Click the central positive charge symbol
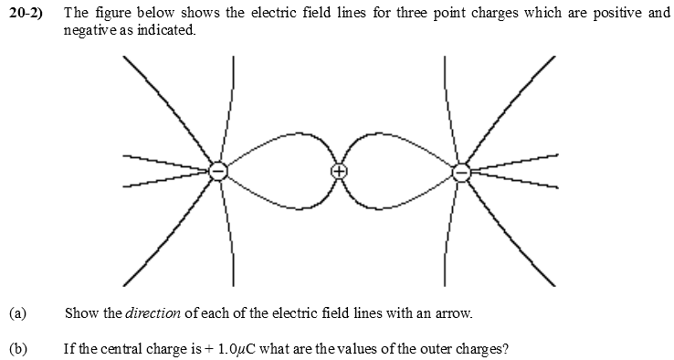[339, 171]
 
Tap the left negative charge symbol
[217, 171]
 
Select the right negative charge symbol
[461, 171]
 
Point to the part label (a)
[17, 313]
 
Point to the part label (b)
[17, 348]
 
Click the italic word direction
[152, 313]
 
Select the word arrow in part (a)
[454, 313]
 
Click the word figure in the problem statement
[111, 15]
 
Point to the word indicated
[166, 29]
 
